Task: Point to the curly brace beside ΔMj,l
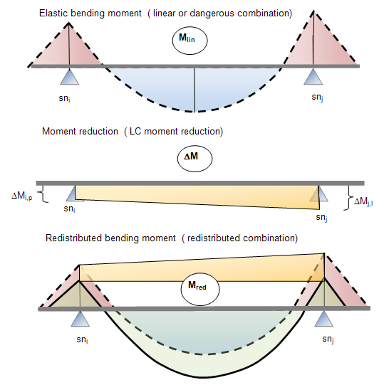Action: (349, 198)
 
